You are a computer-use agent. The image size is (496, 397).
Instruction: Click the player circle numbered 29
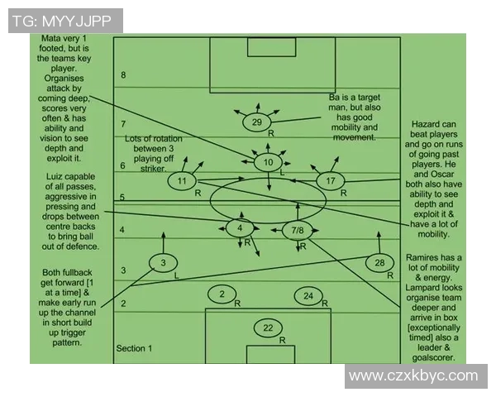257,122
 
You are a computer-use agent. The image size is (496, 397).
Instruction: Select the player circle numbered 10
268,162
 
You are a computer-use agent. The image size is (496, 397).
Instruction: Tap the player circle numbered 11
182,181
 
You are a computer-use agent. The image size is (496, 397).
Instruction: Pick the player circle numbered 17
331,181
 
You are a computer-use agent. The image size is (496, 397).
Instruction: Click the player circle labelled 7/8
298,230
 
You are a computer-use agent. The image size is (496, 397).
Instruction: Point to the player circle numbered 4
240,228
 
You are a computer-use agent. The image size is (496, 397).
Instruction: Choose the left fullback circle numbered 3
163,262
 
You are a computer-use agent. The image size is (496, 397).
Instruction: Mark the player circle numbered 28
379,262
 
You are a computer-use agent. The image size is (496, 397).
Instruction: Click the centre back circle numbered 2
222,294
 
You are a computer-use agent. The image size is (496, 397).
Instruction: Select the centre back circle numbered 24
308,296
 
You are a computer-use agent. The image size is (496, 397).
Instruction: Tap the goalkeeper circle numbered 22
268,328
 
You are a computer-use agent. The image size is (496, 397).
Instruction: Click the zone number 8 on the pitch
123,75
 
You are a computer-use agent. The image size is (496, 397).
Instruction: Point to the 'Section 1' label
134,348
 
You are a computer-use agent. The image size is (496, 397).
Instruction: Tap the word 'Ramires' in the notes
422,257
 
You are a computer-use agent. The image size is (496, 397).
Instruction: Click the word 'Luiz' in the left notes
55,176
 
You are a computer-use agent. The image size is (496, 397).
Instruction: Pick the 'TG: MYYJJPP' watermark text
62,21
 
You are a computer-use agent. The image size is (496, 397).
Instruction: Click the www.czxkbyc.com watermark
413,375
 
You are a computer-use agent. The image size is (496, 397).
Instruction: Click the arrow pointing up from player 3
163,242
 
